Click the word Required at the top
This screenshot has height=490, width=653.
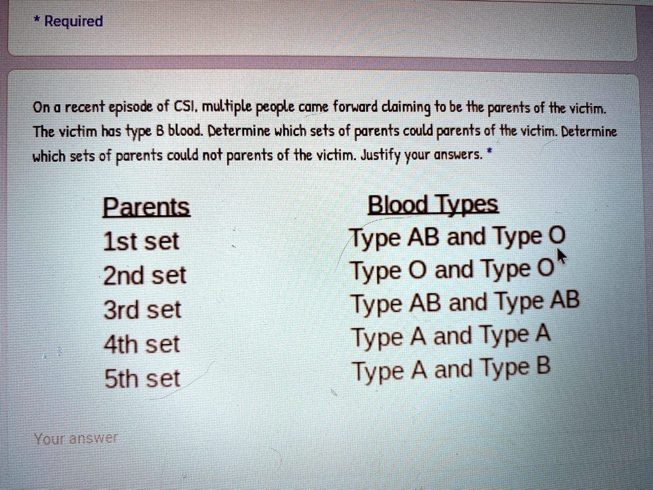click(73, 22)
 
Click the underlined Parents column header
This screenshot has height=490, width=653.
click(146, 207)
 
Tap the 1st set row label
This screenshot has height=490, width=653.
click(141, 242)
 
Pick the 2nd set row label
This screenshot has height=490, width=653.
click(145, 276)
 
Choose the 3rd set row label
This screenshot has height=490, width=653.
click(142, 310)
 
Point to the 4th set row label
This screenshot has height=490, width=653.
click(142, 345)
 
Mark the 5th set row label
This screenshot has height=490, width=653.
click(142, 379)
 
